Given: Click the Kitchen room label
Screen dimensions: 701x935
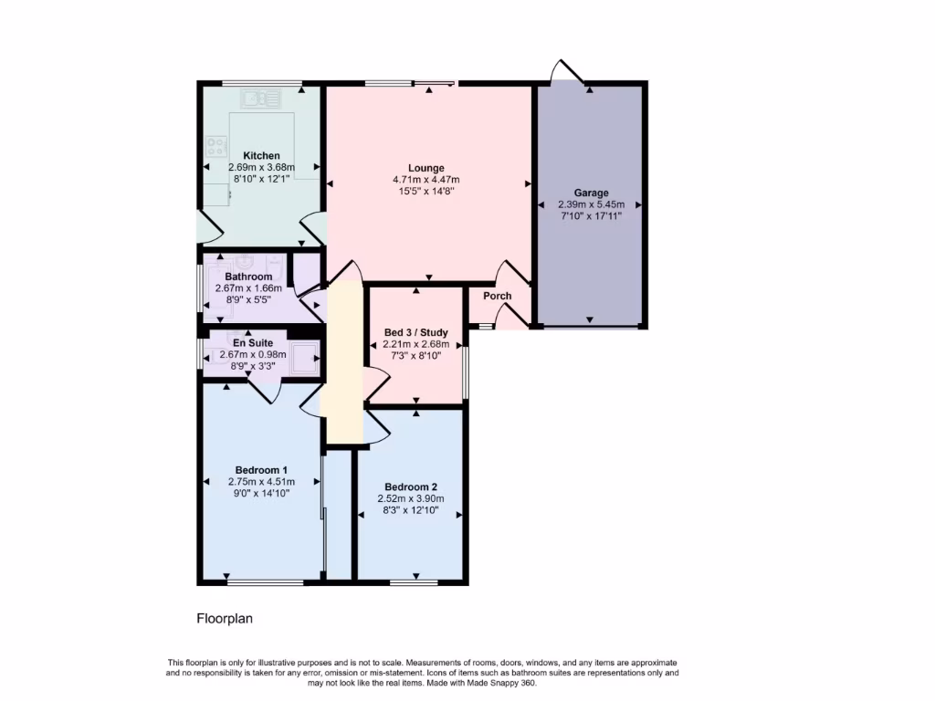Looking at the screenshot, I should coord(261,156).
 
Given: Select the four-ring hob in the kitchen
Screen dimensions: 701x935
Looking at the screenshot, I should coord(216,146).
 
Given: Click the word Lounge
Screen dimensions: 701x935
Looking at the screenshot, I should coord(425,168).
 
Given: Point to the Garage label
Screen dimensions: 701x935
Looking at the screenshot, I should coord(591,193).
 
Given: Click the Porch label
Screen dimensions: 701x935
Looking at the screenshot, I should coord(497,296).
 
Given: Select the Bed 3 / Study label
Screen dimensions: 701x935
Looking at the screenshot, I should coord(415,331).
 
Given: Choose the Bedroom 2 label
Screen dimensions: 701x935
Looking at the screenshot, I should coord(411,487).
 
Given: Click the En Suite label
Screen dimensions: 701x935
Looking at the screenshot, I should coord(253,342).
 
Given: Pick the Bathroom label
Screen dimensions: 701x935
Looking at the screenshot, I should coord(248,277).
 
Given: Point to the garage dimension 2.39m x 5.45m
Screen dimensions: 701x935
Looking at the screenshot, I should coord(591,205).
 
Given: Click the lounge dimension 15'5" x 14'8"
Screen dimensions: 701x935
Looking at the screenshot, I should coord(425,192).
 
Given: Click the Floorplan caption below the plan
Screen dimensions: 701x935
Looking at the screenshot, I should coord(225,618).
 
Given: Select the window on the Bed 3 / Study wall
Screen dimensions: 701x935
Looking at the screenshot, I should coord(465,371).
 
